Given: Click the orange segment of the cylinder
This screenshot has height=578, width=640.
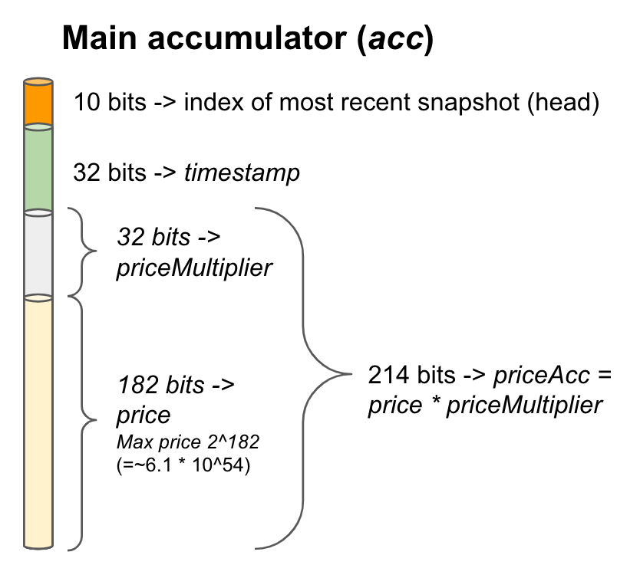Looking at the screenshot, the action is pos(38,102).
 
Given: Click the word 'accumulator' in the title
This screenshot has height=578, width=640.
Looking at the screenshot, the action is pos(247,38).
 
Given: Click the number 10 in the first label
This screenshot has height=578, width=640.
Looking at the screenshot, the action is pos(87,102).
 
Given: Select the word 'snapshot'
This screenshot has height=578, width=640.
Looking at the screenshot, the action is pos(469,103).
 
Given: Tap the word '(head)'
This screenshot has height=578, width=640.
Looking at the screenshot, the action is pos(563,103).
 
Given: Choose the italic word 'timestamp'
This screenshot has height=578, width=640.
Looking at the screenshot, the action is pos(242,173).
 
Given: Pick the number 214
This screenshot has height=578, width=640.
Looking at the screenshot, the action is pos(388,375).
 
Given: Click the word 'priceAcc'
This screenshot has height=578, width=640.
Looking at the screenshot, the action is pos(542,375).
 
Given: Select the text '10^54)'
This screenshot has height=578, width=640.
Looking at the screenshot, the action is pos(221,465).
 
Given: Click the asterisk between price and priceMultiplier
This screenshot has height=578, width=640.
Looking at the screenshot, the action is pos(435,402).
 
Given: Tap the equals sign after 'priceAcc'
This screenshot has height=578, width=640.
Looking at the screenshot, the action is pos(605,376).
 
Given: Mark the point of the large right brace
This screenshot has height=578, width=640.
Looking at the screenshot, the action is pos(351,373).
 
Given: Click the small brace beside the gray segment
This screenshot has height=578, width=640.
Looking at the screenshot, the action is pos(82,251).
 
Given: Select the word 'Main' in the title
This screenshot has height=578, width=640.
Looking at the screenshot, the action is pos(99,38).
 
